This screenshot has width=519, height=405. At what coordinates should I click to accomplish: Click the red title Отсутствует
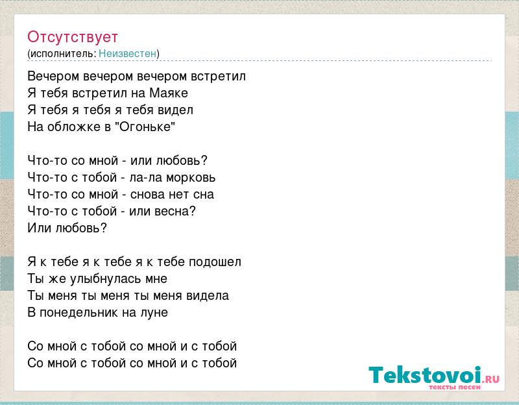coord(73,37)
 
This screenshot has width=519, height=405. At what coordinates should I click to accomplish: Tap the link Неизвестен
coord(127,53)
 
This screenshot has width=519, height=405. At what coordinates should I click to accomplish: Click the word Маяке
coord(169,93)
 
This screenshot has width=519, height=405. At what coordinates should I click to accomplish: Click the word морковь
coord(191,178)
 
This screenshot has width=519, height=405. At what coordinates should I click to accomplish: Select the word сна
coord(204,194)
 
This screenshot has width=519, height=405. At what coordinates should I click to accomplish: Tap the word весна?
coord(178,212)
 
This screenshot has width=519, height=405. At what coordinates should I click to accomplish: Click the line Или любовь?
coord(67,228)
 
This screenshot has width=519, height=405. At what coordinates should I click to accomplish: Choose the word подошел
coord(215,262)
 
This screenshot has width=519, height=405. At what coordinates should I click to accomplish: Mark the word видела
coord(208,296)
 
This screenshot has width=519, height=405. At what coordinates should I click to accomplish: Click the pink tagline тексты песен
coord(455,387)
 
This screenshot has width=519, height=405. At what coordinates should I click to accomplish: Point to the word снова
coord(146,194)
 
